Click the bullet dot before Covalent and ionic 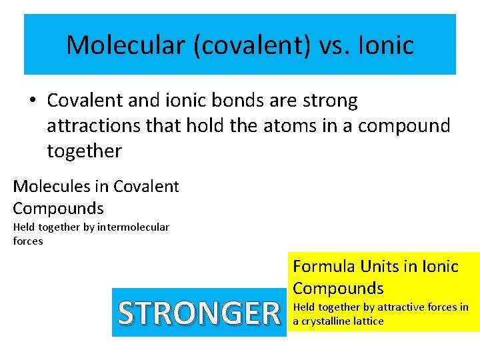32,101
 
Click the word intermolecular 133,227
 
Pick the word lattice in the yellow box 369,321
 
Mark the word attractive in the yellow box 402,307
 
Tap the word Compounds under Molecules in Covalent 58,208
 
